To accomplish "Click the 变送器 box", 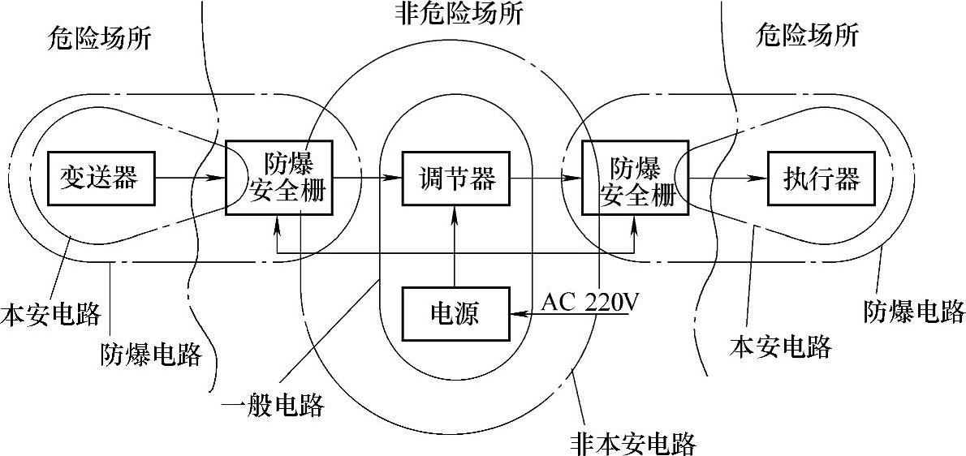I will pos(100,177).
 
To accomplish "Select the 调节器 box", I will pos(456,177).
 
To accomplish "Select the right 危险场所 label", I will pos(807,35).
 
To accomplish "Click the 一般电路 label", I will pos(275,403).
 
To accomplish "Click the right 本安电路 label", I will pos(781,346).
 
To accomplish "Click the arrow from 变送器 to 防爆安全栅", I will pos(188,176).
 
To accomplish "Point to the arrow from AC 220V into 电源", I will pos(568,314).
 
